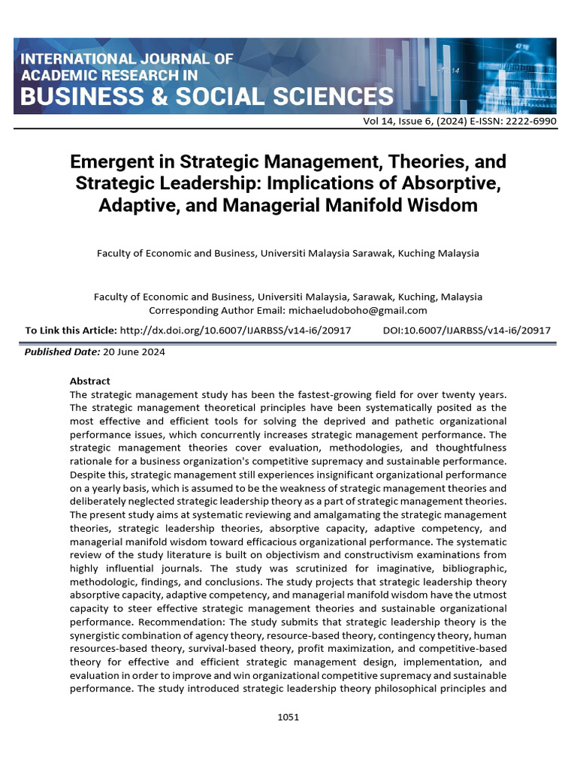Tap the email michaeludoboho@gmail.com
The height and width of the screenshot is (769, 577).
tap(356, 310)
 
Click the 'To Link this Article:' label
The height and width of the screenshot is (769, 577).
tap(71, 330)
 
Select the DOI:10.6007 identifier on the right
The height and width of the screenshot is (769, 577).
tap(467, 330)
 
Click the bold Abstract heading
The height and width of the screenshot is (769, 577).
tap(89, 381)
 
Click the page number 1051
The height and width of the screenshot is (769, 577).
tap(288, 717)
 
